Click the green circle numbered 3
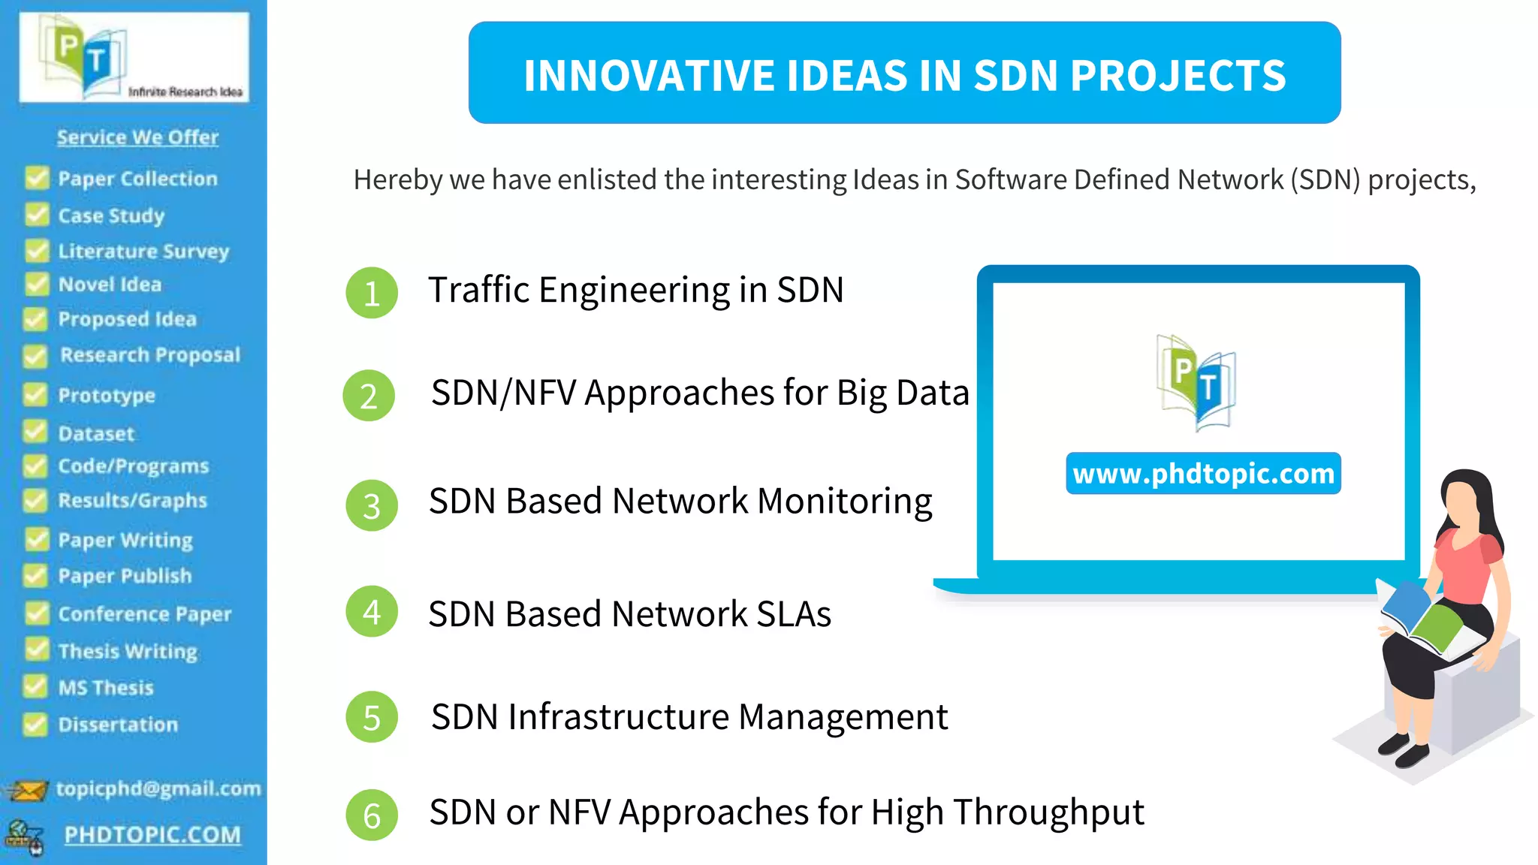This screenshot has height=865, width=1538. [371, 505]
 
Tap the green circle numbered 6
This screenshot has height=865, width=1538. [371, 815]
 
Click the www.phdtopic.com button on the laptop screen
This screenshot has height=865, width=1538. [1203, 474]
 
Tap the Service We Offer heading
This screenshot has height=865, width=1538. [137, 137]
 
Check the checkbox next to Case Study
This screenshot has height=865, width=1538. [36, 215]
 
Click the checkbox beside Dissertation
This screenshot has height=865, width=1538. [35, 724]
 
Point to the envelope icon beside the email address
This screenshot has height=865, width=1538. [27, 791]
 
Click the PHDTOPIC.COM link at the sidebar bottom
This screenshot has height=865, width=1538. [152, 835]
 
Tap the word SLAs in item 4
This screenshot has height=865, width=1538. [793, 614]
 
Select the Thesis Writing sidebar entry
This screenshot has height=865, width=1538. [128, 651]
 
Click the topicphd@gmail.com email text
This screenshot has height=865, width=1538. [158, 789]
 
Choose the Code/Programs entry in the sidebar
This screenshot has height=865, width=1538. [133, 466]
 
